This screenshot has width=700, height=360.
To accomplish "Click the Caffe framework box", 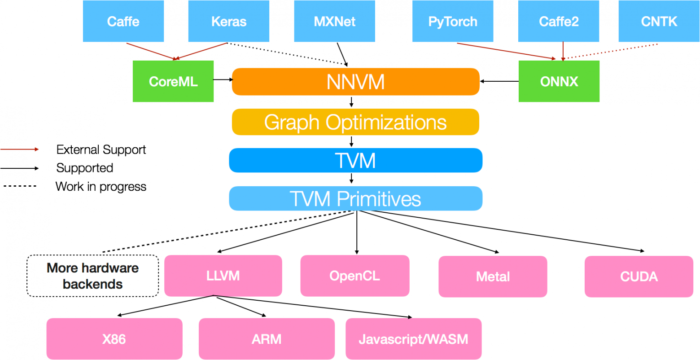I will [123, 21].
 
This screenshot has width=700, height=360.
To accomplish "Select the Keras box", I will [229, 21].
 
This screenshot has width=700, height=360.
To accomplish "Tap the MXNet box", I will [334, 21].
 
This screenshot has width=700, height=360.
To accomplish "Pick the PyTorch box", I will [453, 21].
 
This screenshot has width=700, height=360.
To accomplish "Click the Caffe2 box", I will [559, 21].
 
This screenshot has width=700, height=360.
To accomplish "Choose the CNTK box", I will [659, 21].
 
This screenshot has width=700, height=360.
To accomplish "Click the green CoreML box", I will [173, 81].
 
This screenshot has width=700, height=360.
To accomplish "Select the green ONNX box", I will [559, 81].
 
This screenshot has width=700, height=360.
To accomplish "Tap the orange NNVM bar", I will [355, 82].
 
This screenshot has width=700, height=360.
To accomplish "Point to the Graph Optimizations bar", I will [355, 122].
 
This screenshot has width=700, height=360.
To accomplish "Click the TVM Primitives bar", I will [355, 199].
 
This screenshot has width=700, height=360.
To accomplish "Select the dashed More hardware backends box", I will [93, 276].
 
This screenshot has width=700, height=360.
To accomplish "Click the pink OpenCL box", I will [354, 276].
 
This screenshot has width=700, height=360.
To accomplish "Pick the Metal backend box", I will [493, 277].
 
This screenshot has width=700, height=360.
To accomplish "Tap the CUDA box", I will [639, 277].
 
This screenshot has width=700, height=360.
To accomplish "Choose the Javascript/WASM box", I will [413, 339].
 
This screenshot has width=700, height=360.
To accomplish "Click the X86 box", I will [114, 339].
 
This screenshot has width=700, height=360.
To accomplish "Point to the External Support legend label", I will [101, 149].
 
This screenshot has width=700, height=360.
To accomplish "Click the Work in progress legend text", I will [101, 186].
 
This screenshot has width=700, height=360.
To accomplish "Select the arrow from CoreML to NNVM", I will [223, 80].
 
